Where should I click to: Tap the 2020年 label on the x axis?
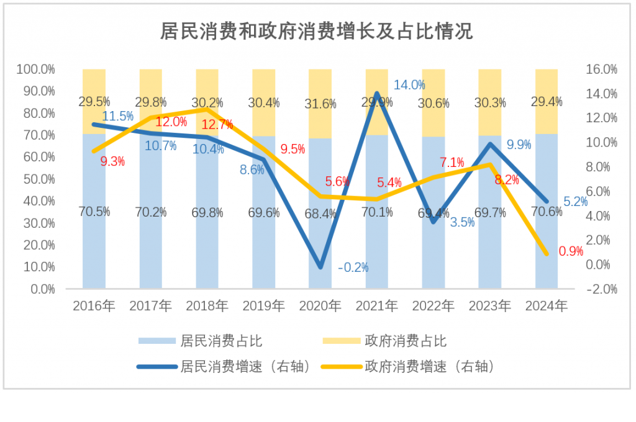point(320,306)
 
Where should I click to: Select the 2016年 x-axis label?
point(94,306)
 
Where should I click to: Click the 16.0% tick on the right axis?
point(601,70)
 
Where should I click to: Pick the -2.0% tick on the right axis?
point(601,289)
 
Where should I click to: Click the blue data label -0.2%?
point(353,268)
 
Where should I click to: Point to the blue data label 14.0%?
point(409,86)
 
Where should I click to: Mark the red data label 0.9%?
point(571,251)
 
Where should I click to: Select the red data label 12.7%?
point(218,125)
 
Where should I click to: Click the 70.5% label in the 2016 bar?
point(94,212)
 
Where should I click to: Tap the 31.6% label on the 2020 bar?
point(320,104)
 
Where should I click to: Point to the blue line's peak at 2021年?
point(377,94)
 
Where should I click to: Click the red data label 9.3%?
point(112,161)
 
